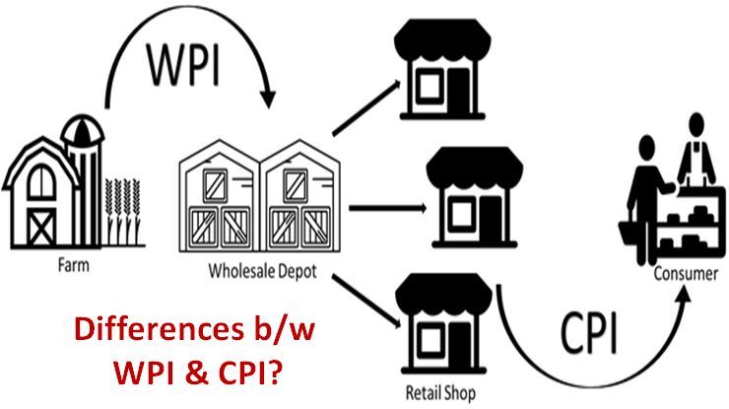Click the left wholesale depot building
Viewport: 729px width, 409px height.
218,198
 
